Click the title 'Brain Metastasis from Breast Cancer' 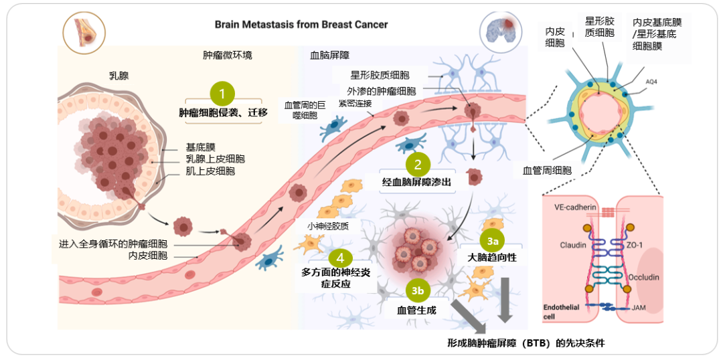pos(301,25)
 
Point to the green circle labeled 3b pos(418,290)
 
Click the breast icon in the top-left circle pos(82,31)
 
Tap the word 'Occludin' pos(644,276)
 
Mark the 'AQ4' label pos(651,82)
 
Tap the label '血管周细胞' pos(547,171)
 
